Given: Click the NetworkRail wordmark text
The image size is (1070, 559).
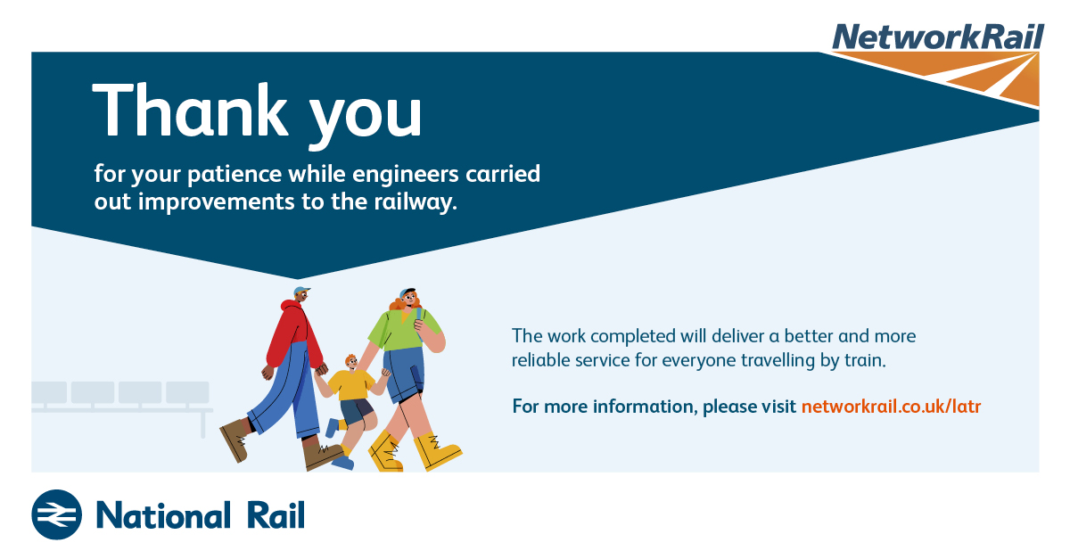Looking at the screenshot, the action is [x=938, y=37].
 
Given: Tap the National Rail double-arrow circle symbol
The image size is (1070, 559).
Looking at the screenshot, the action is [x=57, y=514].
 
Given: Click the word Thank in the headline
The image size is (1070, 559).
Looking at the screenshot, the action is [x=190, y=111].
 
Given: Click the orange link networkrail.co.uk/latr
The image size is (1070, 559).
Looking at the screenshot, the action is [x=891, y=407].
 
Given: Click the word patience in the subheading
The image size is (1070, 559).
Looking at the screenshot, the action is [x=234, y=175].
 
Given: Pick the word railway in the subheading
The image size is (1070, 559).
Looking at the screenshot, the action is [x=413, y=202].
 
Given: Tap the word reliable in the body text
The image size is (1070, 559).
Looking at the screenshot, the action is [x=540, y=360].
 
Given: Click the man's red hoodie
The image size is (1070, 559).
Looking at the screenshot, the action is [x=294, y=334].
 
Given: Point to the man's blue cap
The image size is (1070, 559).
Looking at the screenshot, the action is [x=302, y=290].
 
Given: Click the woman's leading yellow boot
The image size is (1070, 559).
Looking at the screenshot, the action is [x=436, y=451].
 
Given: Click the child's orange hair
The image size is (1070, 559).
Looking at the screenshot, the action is [x=351, y=358].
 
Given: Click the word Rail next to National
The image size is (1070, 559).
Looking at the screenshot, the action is [x=276, y=515].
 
